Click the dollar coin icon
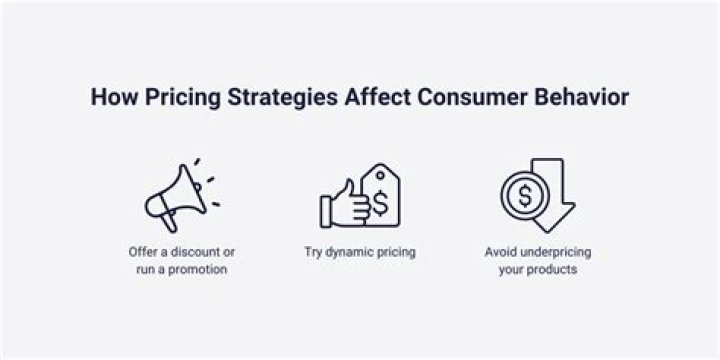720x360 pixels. pyautogui.click(x=523, y=197)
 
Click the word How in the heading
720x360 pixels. pyautogui.click(x=109, y=98)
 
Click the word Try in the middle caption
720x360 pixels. pyautogui.click(x=314, y=252)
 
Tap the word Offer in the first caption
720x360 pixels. pyautogui.click(x=143, y=252)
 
